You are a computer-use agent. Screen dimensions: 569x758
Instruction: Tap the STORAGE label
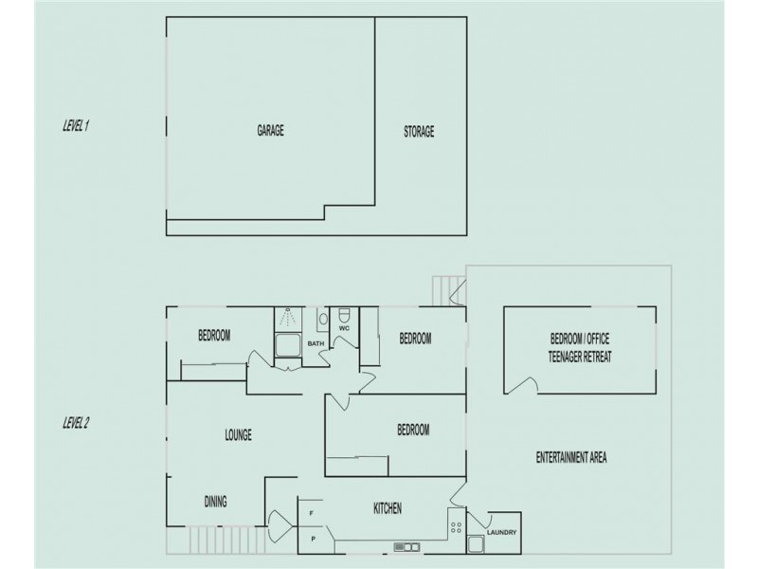(x=419, y=132)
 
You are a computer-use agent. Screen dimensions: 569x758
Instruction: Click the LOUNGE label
(x=238, y=435)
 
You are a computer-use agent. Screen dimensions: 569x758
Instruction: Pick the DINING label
(x=216, y=502)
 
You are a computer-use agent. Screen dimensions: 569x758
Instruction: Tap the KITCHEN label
(x=388, y=509)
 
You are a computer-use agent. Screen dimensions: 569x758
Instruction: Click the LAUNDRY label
(x=501, y=533)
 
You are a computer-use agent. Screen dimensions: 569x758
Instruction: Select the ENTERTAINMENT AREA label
(x=570, y=458)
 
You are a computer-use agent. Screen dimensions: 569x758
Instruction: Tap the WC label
(x=344, y=328)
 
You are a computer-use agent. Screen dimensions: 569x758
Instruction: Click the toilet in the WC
(x=345, y=315)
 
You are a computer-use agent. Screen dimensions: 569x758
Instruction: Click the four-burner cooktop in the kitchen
(x=456, y=523)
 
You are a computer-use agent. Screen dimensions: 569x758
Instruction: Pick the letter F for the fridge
(x=312, y=514)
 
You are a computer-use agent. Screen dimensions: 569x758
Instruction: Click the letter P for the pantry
(x=312, y=540)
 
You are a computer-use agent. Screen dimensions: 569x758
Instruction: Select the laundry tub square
(x=474, y=544)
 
